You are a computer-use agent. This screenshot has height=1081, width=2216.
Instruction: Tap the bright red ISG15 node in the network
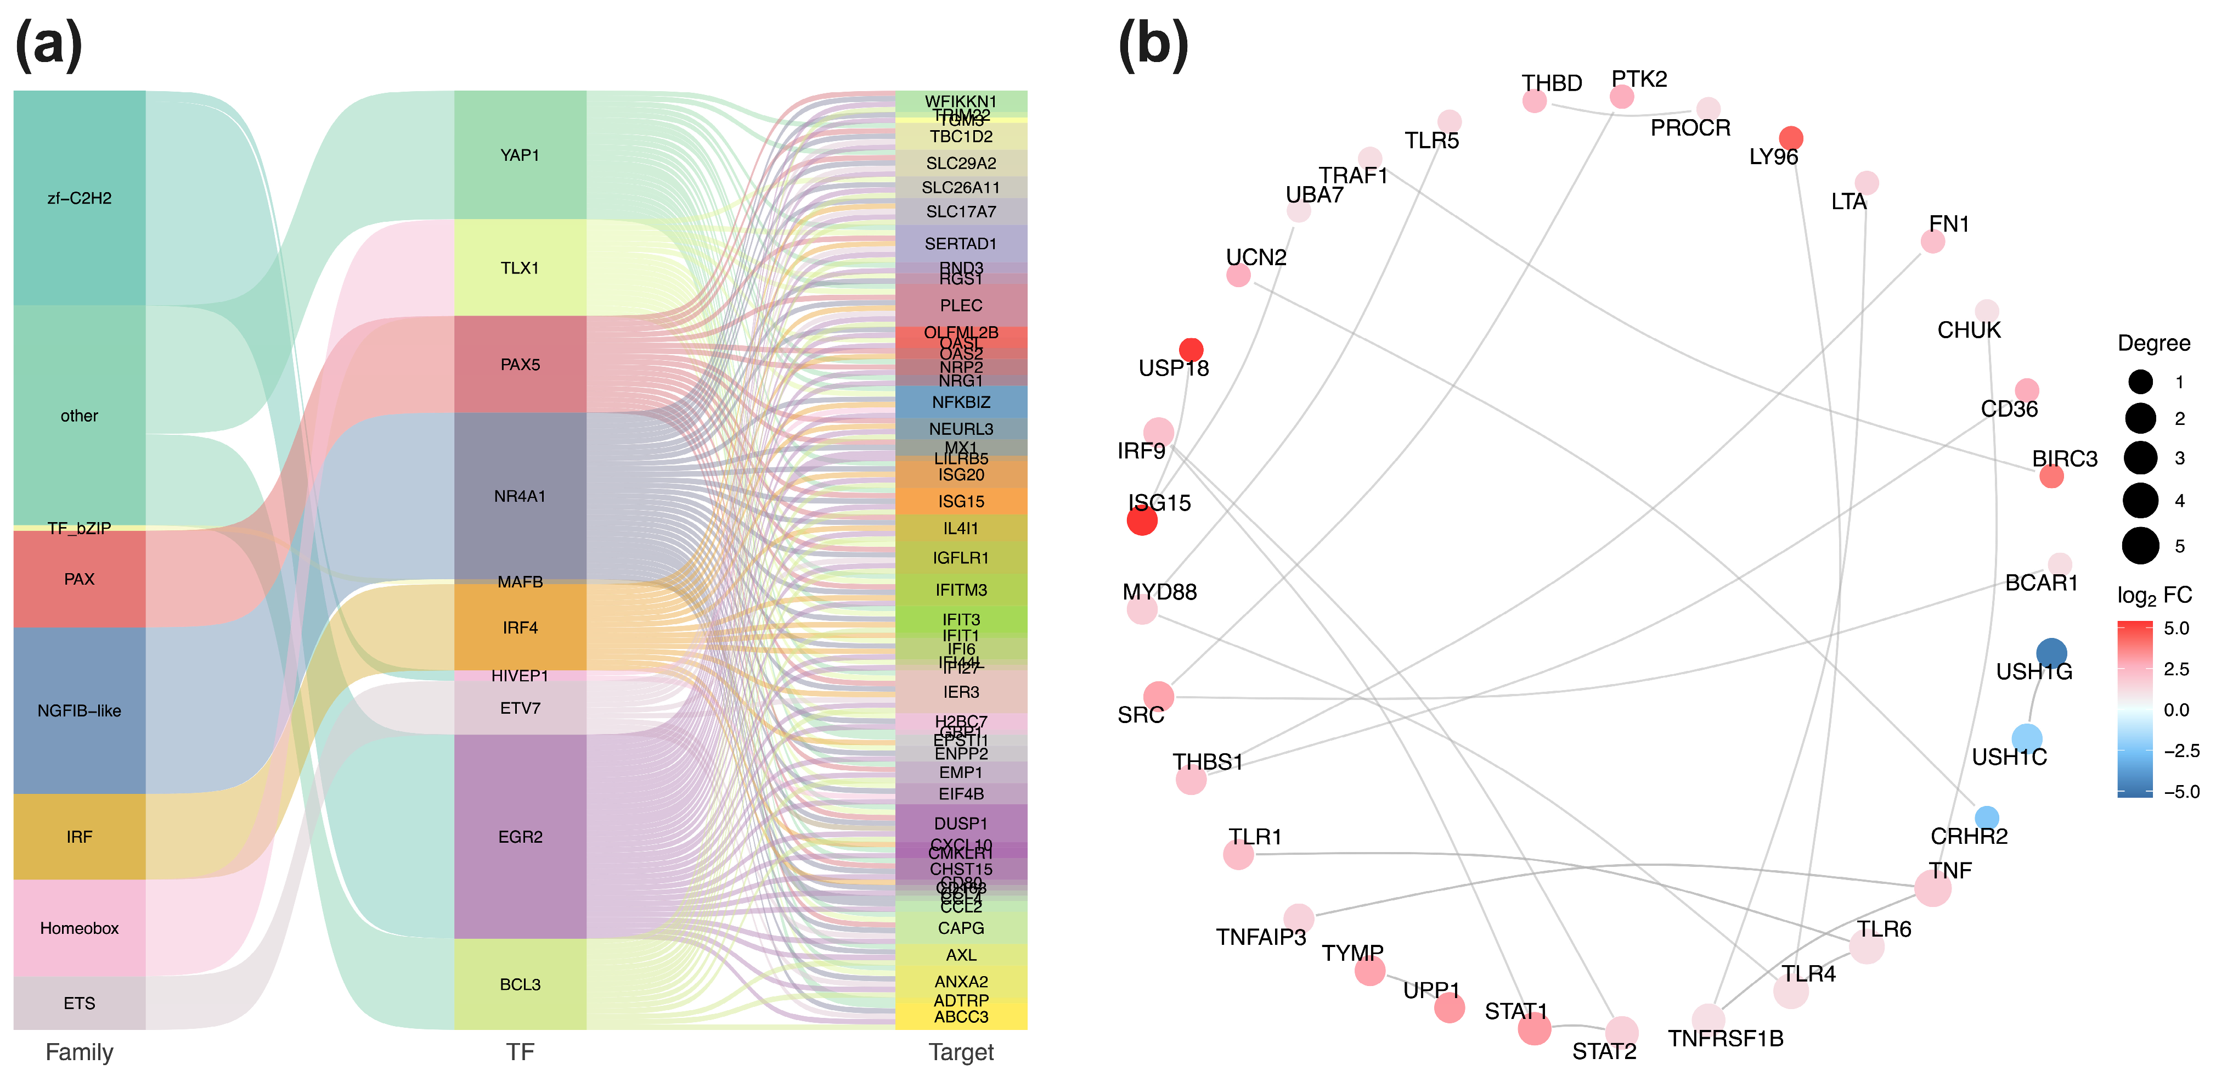pos(1142,520)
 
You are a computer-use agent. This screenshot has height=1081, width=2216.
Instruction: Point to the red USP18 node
pos(1191,349)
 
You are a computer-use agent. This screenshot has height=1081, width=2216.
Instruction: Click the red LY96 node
pos(1790,138)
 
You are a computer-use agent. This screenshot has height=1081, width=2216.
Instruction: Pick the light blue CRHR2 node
pos(1986,817)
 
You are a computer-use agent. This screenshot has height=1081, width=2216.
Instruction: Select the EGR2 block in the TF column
pos(520,837)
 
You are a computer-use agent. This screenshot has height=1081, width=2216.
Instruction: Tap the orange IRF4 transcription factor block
pos(520,628)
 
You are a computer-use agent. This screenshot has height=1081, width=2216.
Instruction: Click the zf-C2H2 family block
pos(79,198)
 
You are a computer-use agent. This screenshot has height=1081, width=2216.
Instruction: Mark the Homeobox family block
pos(79,928)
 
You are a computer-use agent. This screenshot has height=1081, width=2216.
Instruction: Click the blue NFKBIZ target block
pos(961,402)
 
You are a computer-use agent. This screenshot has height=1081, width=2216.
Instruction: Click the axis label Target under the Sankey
pos(961,1052)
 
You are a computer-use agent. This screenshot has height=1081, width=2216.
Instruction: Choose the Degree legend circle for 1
pos(2140,381)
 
